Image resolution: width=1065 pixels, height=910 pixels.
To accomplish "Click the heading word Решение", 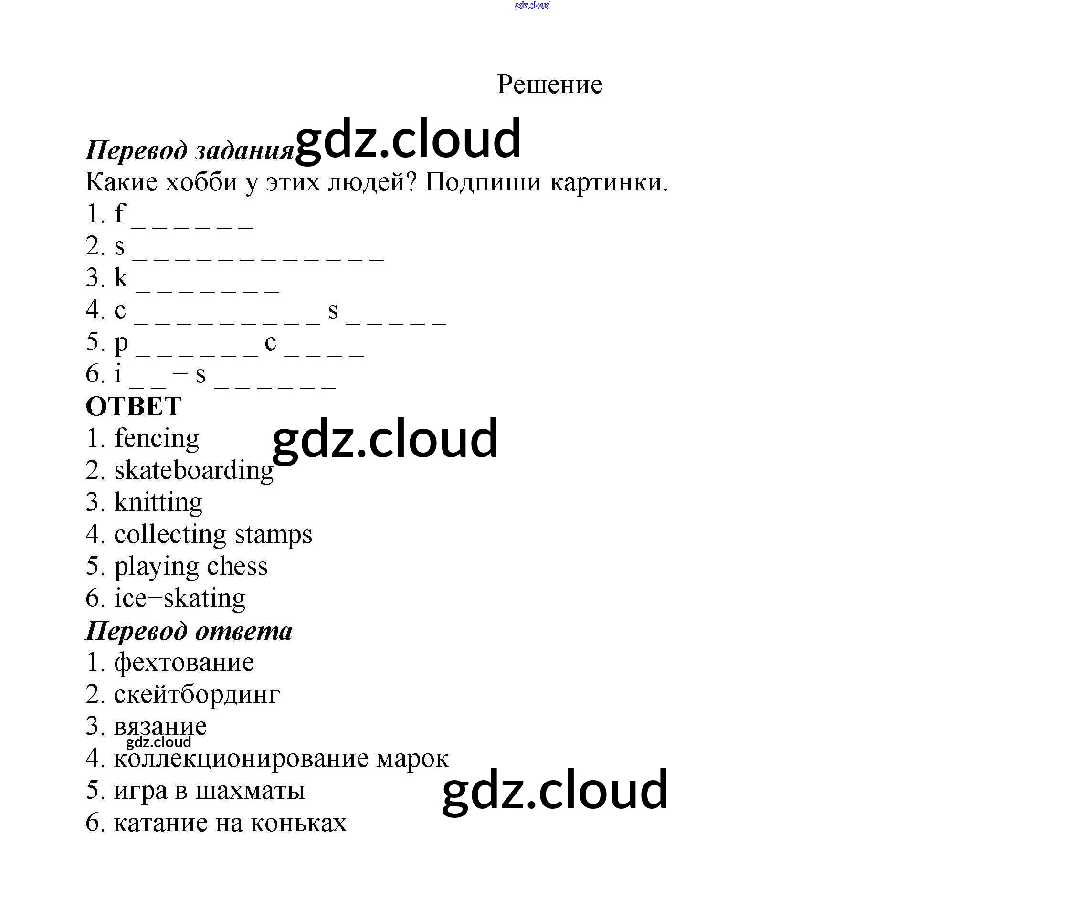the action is [549, 85].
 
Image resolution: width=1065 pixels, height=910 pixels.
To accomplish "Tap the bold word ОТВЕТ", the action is [134, 407].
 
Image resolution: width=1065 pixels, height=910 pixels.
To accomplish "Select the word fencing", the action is [157, 439].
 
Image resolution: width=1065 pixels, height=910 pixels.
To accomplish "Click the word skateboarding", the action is [194, 471].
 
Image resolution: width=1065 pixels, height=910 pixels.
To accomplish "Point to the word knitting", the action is [158, 503].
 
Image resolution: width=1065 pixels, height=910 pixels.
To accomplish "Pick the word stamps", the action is [274, 535].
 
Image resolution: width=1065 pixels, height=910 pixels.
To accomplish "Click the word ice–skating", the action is [180, 598].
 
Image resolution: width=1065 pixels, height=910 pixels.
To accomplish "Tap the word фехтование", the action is [184, 663].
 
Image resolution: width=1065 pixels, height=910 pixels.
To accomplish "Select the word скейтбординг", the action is [197, 695].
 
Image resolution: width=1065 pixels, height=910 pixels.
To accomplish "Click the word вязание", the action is [160, 727].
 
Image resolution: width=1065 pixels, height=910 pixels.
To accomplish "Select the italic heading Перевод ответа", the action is [189, 631].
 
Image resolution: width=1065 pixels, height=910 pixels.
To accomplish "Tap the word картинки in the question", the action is [609, 182].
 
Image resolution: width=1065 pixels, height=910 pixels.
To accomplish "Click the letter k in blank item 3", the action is [121, 278].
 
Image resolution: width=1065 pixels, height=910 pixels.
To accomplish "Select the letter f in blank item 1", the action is [120, 213].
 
